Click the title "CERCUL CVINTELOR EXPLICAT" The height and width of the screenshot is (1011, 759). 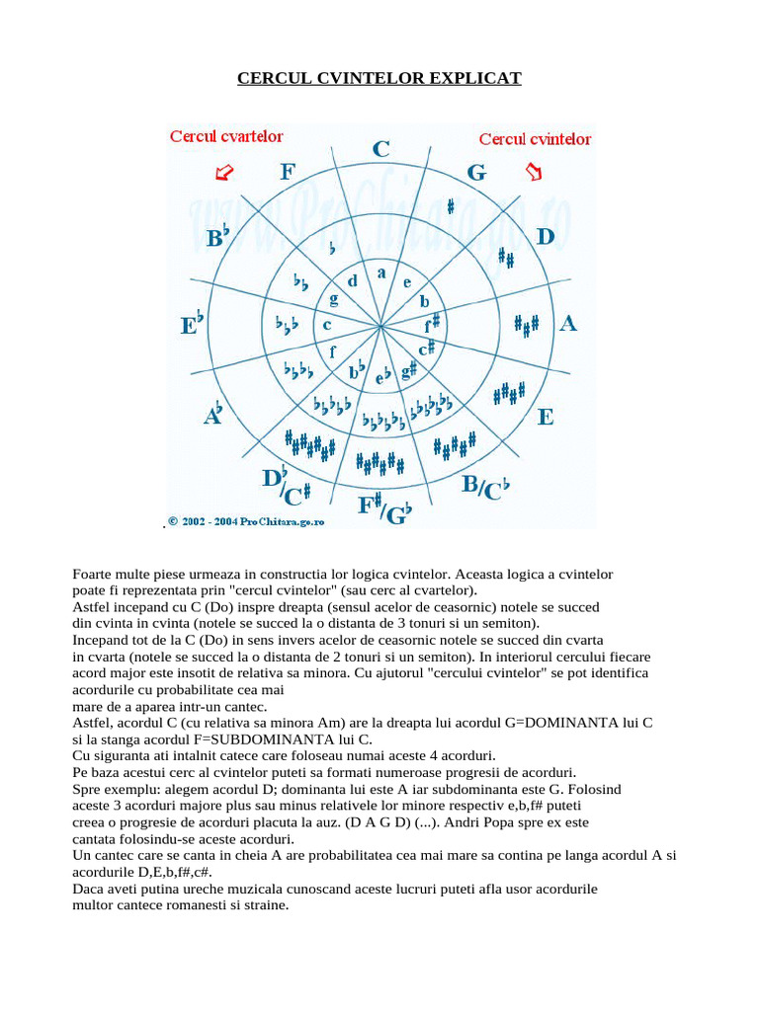379,77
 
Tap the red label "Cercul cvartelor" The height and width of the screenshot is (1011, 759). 226,136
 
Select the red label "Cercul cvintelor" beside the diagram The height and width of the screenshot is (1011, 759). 535,139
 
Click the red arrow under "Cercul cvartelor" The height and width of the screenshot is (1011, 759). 224,173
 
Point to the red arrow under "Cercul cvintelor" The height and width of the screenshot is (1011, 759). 535,173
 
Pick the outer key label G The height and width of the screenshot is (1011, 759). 476,173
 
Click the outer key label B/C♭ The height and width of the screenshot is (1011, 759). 495,488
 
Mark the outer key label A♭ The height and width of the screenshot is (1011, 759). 212,414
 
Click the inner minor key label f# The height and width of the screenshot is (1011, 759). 433,323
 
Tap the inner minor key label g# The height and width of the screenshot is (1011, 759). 408,369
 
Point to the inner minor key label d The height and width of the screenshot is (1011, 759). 352,280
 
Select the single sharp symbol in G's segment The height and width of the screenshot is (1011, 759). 451,206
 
